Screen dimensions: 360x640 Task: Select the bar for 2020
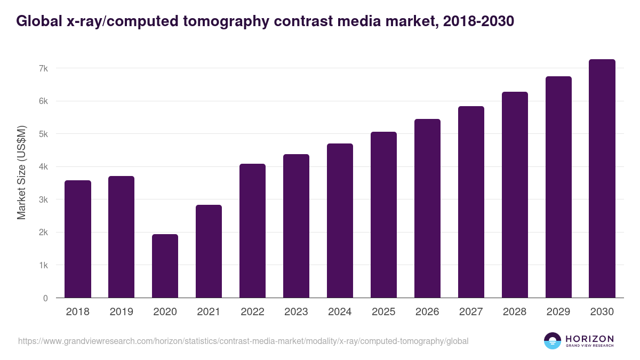[165, 266]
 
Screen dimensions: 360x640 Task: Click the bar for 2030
[602, 179]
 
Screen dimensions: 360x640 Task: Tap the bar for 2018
[78, 239]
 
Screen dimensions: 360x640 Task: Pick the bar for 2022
[252, 230]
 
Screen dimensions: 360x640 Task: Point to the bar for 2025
[383, 214]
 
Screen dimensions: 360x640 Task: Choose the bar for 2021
[209, 251]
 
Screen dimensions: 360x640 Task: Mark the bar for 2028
[515, 195]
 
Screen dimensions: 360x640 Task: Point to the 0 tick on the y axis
[45, 298]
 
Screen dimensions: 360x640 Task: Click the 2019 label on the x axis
[122, 312]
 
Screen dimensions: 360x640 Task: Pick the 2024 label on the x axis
[340, 312]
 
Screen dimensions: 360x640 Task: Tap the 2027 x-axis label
[471, 312]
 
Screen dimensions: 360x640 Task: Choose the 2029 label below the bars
[558, 312]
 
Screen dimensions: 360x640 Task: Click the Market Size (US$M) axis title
[21, 172]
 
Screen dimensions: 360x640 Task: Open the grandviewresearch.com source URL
[243, 341]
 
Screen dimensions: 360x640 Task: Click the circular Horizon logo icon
[553, 341]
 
